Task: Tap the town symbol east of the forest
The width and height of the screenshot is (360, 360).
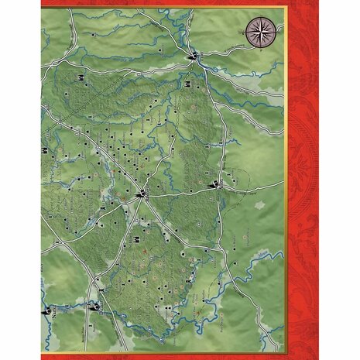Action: click(x=218, y=184)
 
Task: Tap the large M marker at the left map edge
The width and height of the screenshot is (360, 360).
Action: click(x=47, y=149)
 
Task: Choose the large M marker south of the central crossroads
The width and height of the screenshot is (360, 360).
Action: click(x=136, y=229)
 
